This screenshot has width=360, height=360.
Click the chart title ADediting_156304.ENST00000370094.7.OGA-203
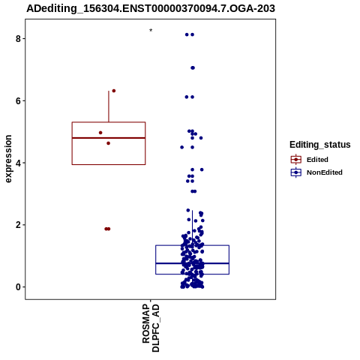[x=151, y=8]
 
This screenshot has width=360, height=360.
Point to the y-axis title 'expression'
[x=8, y=159]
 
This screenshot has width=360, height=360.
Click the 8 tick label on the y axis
[x=18, y=39]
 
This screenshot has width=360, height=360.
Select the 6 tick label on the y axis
[x=18, y=101]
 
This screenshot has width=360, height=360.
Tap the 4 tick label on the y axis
[x=18, y=163]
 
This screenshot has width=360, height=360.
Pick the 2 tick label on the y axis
[x=18, y=225]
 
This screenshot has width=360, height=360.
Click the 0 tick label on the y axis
[x=18, y=287]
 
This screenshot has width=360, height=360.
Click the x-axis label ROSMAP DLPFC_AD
[x=151, y=328]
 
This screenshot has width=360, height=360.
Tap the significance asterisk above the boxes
[x=151, y=30]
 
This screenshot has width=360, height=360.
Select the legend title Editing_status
[x=320, y=145]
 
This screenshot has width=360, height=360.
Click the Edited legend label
[x=317, y=160]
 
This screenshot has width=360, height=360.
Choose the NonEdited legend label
[x=325, y=172]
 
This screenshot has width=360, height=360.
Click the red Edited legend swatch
[x=296, y=160]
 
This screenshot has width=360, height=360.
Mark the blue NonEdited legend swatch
[x=296, y=172]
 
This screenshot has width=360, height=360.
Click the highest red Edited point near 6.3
[x=114, y=91]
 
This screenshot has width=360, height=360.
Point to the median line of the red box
[x=109, y=138]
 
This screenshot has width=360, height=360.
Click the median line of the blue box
[x=193, y=263]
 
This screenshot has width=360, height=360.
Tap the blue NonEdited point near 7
[x=193, y=67]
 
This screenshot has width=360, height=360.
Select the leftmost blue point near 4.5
[x=182, y=147]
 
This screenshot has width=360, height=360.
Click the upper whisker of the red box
[x=109, y=106]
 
